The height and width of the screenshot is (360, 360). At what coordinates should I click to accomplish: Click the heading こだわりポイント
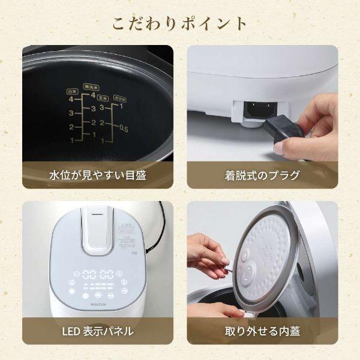[x=179, y=23]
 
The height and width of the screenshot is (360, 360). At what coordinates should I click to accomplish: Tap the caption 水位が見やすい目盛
[x=97, y=175]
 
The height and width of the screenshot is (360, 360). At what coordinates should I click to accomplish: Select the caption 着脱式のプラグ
[x=262, y=175]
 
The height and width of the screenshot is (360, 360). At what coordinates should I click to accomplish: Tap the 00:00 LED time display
[x=98, y=274]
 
